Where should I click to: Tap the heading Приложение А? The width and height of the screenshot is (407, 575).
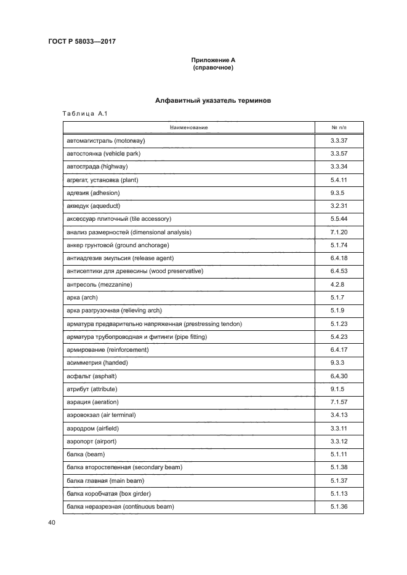pos(212,60)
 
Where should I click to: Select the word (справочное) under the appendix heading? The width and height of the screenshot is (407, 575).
pos(212,68)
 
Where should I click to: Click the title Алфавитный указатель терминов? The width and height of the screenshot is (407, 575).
pos(212,100)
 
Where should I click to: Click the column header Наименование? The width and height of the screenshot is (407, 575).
pos(188,127)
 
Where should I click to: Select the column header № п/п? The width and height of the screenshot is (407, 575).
pos(339,127)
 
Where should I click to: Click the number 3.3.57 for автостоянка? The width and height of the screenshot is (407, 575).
pos(339,153)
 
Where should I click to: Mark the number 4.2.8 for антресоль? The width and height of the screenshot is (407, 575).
pos(339,285)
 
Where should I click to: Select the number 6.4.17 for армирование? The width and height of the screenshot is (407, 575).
pos(339,350)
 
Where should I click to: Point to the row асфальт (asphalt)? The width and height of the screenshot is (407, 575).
pos(91,376)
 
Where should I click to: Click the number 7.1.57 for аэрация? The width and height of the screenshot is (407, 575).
pos(339,402)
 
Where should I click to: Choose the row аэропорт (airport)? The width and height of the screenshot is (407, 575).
pos(92,442)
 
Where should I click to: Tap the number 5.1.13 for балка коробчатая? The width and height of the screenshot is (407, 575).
pos(339,494)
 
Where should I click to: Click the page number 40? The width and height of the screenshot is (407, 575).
pos(51,523)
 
